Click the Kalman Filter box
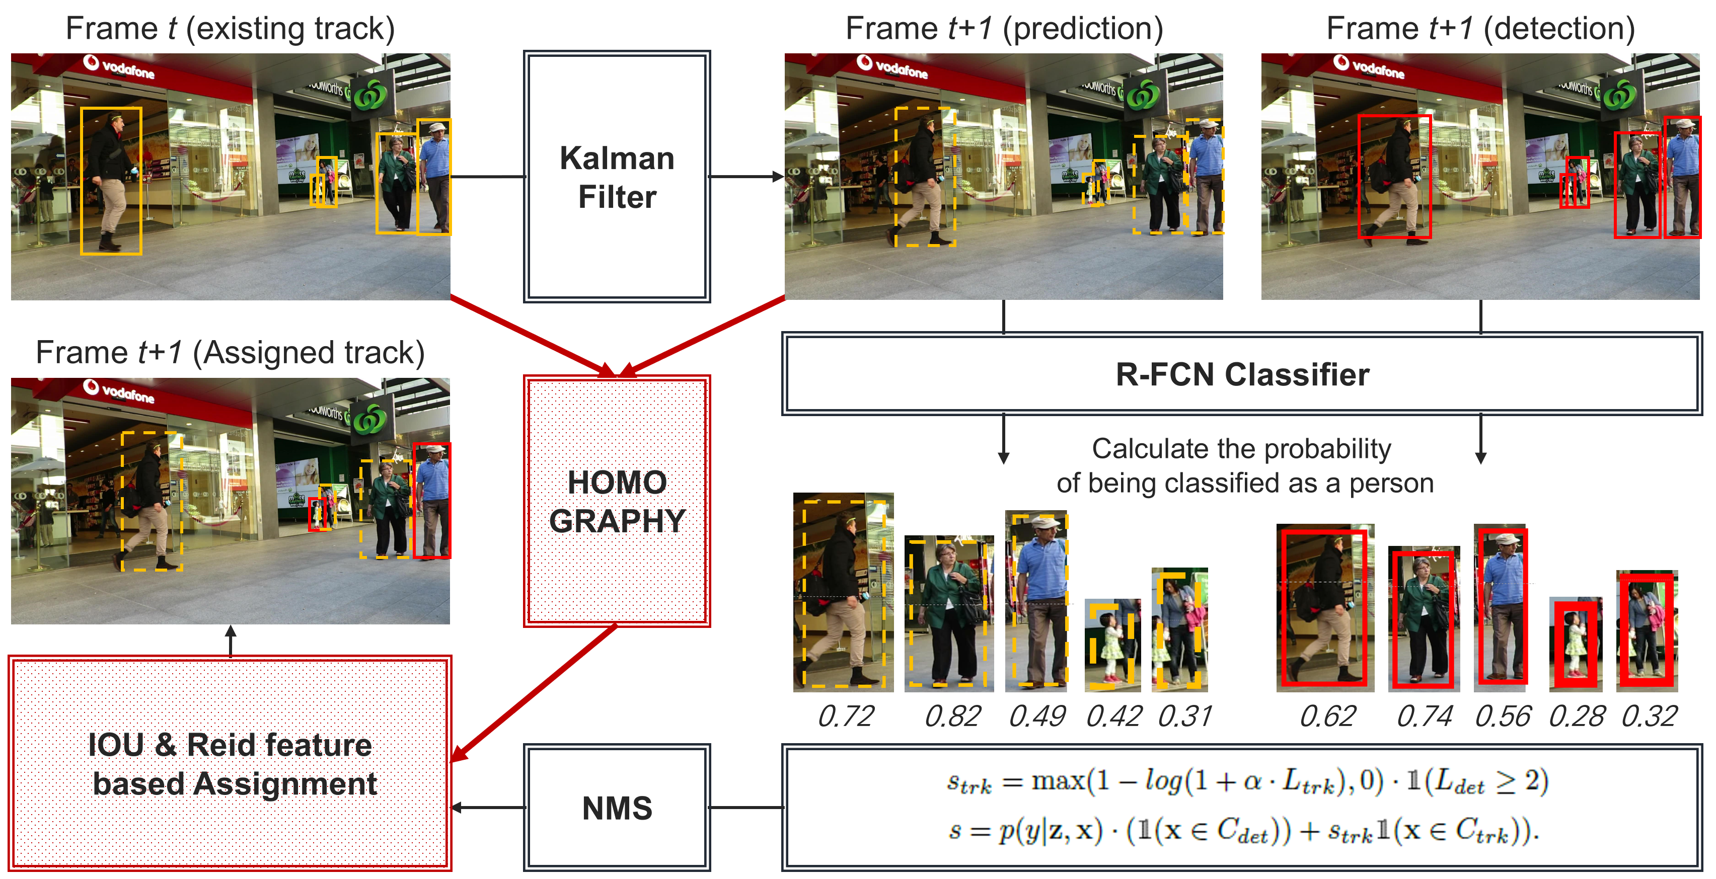(617, 177)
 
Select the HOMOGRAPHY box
(617, 501)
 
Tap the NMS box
(617, 808)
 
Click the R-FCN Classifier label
(1242, 374)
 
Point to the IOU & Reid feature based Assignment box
(231, 763)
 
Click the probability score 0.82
(952, 716)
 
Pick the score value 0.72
(845, 716)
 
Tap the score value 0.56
(1503, 716)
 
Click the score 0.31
(1185, 716)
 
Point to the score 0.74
(1424, 716)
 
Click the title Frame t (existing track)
(231, 29)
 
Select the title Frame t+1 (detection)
(1480, 29)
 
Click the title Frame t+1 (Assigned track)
(231, 352)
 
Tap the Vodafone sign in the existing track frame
(120, 66)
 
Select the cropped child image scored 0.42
(1112, 645)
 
